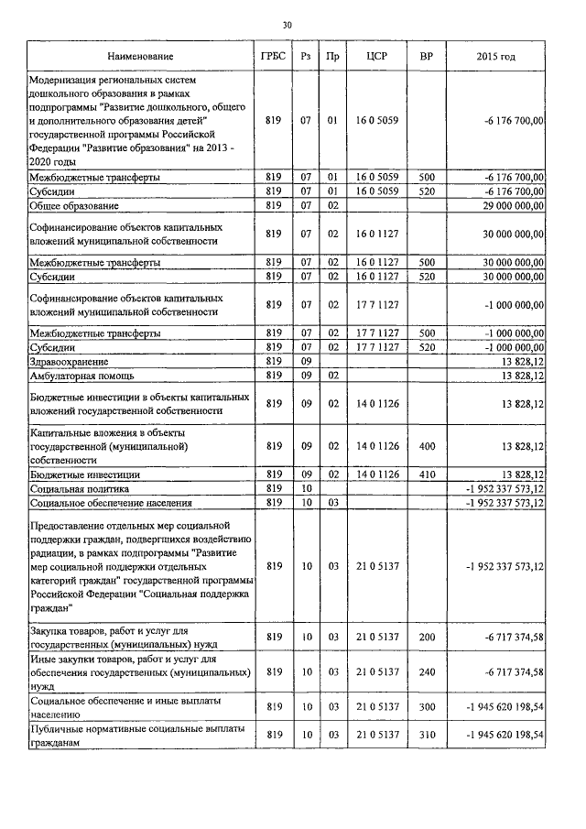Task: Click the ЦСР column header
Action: pos(376,57)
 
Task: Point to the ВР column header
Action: pos(426,57)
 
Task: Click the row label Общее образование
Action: pos(72,205)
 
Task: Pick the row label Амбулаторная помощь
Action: pos(82,376)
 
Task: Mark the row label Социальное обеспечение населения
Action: pos(110,503)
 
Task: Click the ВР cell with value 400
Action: pos(426,446)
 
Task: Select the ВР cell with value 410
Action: pos(426,474)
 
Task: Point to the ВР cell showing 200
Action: pos(426,637)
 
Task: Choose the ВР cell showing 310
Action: pos(426,735)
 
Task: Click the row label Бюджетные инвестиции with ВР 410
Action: pos(85,474)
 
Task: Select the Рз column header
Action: pos(306,57)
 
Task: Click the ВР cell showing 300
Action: pos(426,706)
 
